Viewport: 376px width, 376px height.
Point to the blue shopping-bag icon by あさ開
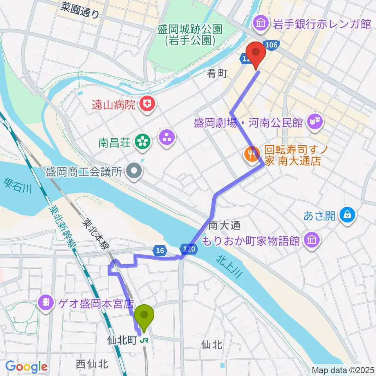click(347, 215)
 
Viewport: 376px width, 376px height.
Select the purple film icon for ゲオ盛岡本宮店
click(46, 302)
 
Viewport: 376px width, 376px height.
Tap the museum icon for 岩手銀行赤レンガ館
click(260, 24)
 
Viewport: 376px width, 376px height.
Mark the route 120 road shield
click(187, 248)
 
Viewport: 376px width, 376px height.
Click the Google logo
click(26, 367)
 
